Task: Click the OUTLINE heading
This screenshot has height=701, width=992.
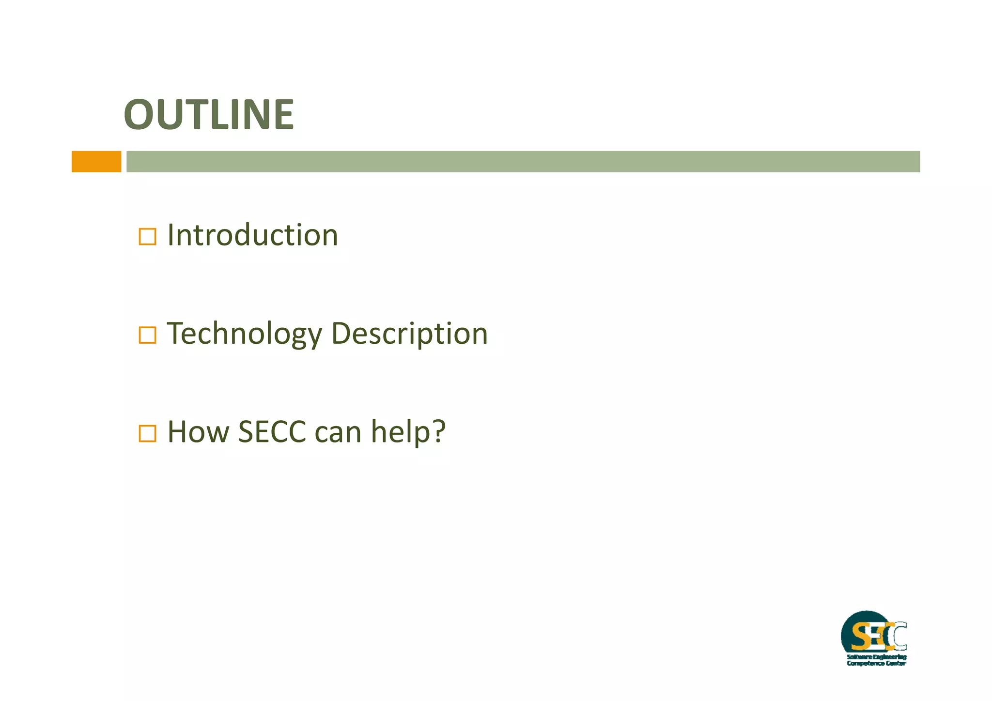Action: [x=209, y=115]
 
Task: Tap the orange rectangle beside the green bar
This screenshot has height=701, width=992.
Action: [x=96, y=161]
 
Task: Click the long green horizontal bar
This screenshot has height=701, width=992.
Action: [x=523, y=161]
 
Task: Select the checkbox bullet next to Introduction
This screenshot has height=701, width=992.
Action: [x=147, y=237]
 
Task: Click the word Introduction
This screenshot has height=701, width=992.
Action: [x=252, y=235]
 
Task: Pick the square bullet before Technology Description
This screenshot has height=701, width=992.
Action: [x=147, y=335]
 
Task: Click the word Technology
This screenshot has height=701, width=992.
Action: [x=245, y=335]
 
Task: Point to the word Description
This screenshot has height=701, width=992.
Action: [x=409, y=335]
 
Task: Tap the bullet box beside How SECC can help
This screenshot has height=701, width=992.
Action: [x=147, y=433]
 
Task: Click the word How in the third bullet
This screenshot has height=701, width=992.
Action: [x=198, y=432]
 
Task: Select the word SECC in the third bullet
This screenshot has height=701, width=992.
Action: [x=272, y=432]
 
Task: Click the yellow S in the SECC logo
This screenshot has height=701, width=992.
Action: [x=861, y=637]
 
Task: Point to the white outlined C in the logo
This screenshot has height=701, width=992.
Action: [x=900, y=637]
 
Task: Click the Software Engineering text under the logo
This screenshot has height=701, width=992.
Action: [x=876, y=657]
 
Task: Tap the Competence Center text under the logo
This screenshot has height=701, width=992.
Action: [x=876, y=663]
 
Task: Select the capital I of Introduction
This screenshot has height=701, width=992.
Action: [x=170, y=235]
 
